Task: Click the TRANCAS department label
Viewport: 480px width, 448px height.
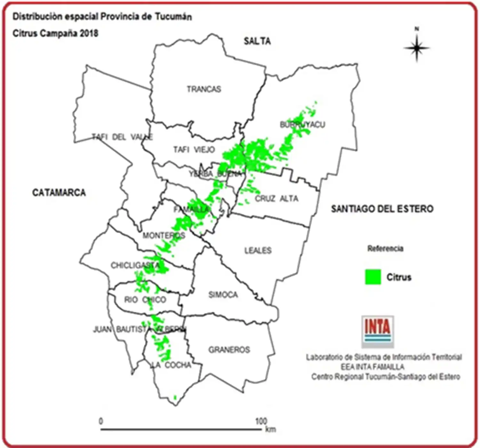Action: pyautogui.click(x=204, y=89)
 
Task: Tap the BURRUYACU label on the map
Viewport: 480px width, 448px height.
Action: pyautogui.click(x=302, y=124)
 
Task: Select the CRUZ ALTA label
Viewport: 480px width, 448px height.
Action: pyautogui.click(x=276, y=199)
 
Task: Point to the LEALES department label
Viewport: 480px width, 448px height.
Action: pyautogui.click(x=258, y=250)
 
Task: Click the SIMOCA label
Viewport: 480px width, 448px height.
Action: pyautogui.click(x=223, y=295)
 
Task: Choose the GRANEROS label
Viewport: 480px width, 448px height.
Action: pyautogui.click(x=229, y=350)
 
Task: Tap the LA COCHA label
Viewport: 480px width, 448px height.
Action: pyautogui.click(x=171, y=365)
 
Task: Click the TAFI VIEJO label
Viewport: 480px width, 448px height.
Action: pyautogui.click(x=194, y=149)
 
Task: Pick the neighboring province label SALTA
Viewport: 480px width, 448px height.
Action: pyautogui.click(x=257, y=41)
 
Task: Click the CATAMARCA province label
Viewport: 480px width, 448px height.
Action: pyautogui.click(x=59, y=193)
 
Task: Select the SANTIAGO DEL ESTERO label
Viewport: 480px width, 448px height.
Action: pyautogui.click(x=382, y=209)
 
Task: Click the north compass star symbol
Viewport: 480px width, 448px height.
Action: pyautogui.click(x=417, y=48)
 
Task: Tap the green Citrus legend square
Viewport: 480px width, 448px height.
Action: pyautogui.click(x=373, y=277)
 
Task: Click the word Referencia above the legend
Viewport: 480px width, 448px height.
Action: pyautogui.click(x=385, y=249)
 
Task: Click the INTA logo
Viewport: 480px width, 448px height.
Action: pyautogui.click(x=378, y=331)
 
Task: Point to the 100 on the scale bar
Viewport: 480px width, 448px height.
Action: pyautogui.click(x=261, y=421)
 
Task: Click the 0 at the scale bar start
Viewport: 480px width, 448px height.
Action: pyautogui.click(x=101, y=421)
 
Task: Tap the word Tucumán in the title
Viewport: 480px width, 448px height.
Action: pyautogui.click(x=174, y=17)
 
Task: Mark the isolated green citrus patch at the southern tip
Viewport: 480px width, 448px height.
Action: pyautogui.click(x=175, y=397)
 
